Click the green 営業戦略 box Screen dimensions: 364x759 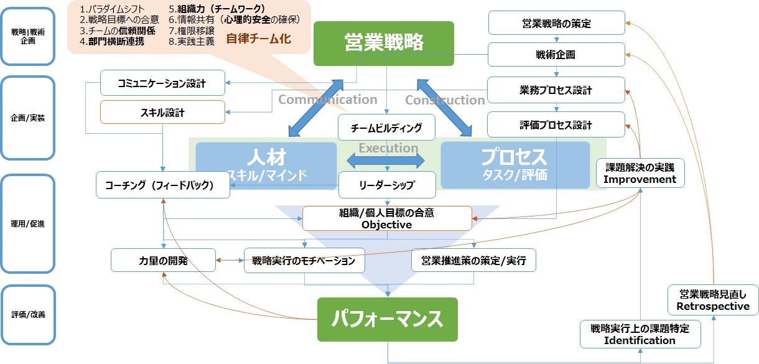[x=384, y=43]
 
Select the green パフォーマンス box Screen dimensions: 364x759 [x=387, y=319]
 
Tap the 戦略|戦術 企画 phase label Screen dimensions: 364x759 [x=27, y=37]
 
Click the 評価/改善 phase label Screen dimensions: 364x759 [x=27, y=315]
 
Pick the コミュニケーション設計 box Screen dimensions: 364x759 [x=162, y=82]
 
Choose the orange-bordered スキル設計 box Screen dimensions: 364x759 [x=162, y=113]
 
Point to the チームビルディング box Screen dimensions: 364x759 [x=386, y=128]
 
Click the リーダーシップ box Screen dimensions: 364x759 [x=386, y=185]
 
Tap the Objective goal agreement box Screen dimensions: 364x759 [x=387, y=218]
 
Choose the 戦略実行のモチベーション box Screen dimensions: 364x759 [x=304, y=261]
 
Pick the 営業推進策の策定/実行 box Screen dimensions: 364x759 [x=473, y=261]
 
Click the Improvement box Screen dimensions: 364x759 [x=640, y=174]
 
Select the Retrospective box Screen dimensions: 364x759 [x=714, y=300]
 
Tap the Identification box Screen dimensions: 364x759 [x=640, y=334]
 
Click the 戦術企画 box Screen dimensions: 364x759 [x=556, y=55]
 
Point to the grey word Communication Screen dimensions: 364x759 [x=327, y=100]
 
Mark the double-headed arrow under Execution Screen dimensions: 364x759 [x=386, y=161]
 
